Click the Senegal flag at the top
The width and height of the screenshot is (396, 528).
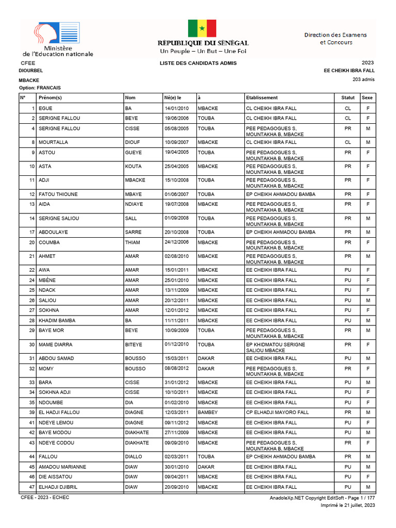(202, 28)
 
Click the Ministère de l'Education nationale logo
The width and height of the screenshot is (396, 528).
(58, 40)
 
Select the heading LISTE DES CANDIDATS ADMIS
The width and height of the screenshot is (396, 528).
(198, 63)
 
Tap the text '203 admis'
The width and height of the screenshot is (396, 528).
(364, 79)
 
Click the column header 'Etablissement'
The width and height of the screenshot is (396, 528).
(262, 97)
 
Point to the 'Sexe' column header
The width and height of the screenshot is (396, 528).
(367, 97)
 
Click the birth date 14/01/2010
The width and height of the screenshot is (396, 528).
(176, 108)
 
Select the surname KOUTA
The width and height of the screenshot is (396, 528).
(133, 167)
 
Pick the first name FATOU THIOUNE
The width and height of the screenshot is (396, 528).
(58, 194)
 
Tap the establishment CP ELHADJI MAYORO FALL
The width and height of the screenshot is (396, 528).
(277, 412)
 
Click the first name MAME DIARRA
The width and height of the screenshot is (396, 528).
(55, 344)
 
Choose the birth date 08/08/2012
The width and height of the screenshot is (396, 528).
(176, 369)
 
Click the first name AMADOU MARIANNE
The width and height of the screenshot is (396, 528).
(62, 467)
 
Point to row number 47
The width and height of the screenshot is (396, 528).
(31, 487)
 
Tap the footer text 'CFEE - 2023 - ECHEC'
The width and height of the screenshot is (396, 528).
(45, 498)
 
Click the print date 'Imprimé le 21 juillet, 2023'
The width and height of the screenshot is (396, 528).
(348, 505)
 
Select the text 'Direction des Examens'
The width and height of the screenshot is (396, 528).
(335, 35)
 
